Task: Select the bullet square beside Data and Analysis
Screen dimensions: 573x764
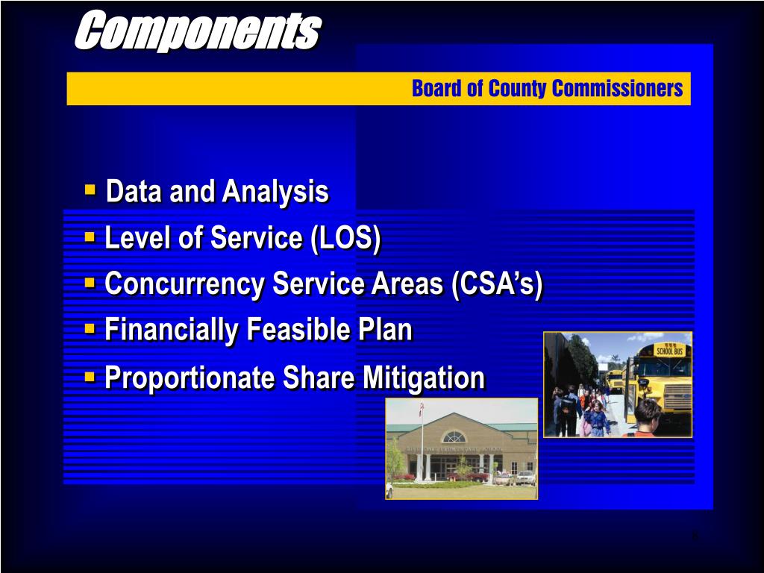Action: (x=90, y=190)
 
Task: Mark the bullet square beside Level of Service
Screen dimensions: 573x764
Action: (x=90, y=237)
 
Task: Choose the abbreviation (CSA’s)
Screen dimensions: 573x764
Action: (x=497, y=284)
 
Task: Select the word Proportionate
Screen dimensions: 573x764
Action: (x=188, y=378)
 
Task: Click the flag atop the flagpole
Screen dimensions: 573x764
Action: (x=421, y=409)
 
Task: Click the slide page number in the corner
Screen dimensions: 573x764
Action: (x=694, y=535)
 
